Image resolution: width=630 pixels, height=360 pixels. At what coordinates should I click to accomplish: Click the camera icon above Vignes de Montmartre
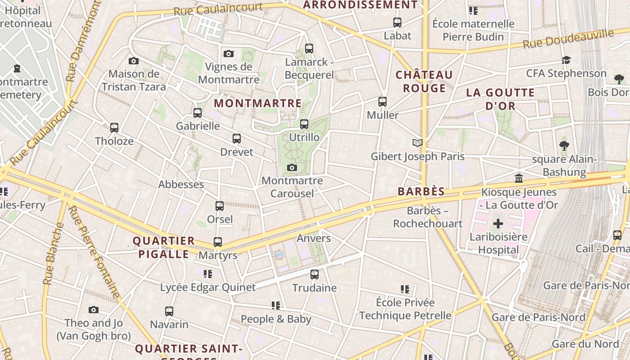(x=229, y=54)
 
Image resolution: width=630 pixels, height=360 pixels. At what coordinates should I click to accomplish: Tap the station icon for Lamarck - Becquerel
(x=309, y=49)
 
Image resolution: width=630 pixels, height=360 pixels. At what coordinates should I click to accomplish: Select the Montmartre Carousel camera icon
(x=292, y=168)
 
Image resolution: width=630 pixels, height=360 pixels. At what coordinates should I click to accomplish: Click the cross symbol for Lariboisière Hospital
(x=498, y=224)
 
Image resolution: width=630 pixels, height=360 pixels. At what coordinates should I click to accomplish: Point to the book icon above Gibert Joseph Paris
(x=418, y=143)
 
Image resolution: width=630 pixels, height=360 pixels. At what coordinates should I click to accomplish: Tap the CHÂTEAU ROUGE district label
(x=424, y=81)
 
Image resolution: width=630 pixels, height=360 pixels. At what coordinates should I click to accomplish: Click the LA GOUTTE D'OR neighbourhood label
(x=500, y=99)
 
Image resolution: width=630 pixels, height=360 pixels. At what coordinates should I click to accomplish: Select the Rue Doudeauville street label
(x=568, y=39)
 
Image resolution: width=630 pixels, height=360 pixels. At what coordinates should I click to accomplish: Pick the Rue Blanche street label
(x=54, y=254)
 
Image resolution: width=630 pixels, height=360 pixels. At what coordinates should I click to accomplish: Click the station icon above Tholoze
(x=114, y=128)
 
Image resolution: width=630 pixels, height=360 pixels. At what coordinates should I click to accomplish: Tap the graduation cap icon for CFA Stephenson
(x=566, y=60)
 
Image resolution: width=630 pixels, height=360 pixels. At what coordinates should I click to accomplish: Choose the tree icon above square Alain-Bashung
(x=564, y=146)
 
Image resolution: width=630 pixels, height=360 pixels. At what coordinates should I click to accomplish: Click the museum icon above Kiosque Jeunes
(x=519, y=179)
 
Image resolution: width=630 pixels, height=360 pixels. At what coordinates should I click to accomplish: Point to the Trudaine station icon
(x=315, y=274)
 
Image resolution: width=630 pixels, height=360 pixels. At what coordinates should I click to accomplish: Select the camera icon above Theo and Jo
(x=94, y=310)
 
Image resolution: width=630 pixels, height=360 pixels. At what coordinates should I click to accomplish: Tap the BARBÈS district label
(x=421, y=191)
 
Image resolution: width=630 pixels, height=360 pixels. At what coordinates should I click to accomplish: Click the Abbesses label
(x=181, y=184)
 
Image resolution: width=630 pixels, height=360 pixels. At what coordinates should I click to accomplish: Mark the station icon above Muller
(x=382, y=102)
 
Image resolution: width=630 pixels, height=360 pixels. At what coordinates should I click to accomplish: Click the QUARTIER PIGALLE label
(x=164, y=247)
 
